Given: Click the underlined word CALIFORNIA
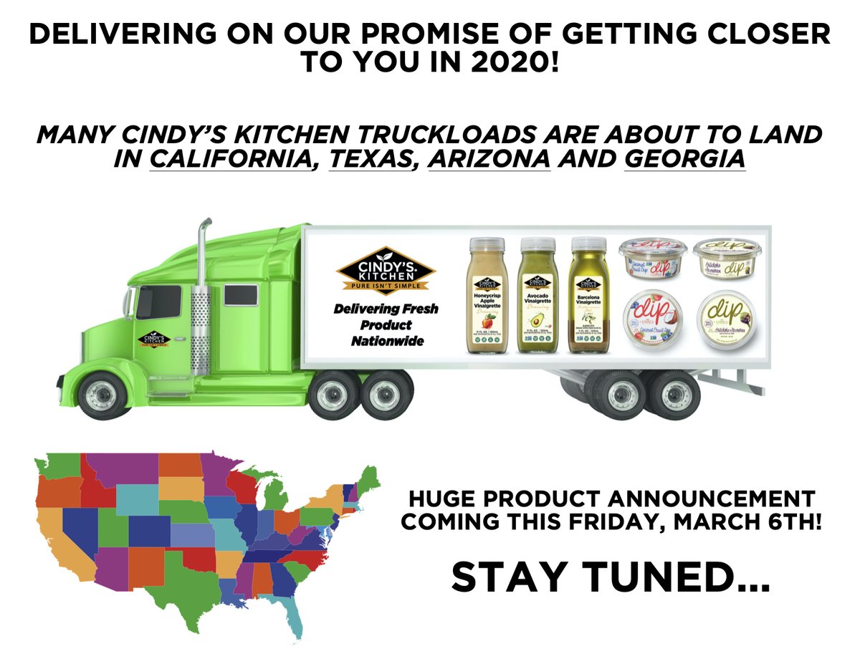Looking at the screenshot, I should pos(234,160).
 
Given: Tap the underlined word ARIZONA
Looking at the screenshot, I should pos(489,160).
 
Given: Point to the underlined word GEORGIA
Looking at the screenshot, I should pos(684,160).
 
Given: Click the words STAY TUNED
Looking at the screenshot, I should pos(609,577).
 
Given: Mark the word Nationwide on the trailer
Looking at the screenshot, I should pos(387,342).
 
